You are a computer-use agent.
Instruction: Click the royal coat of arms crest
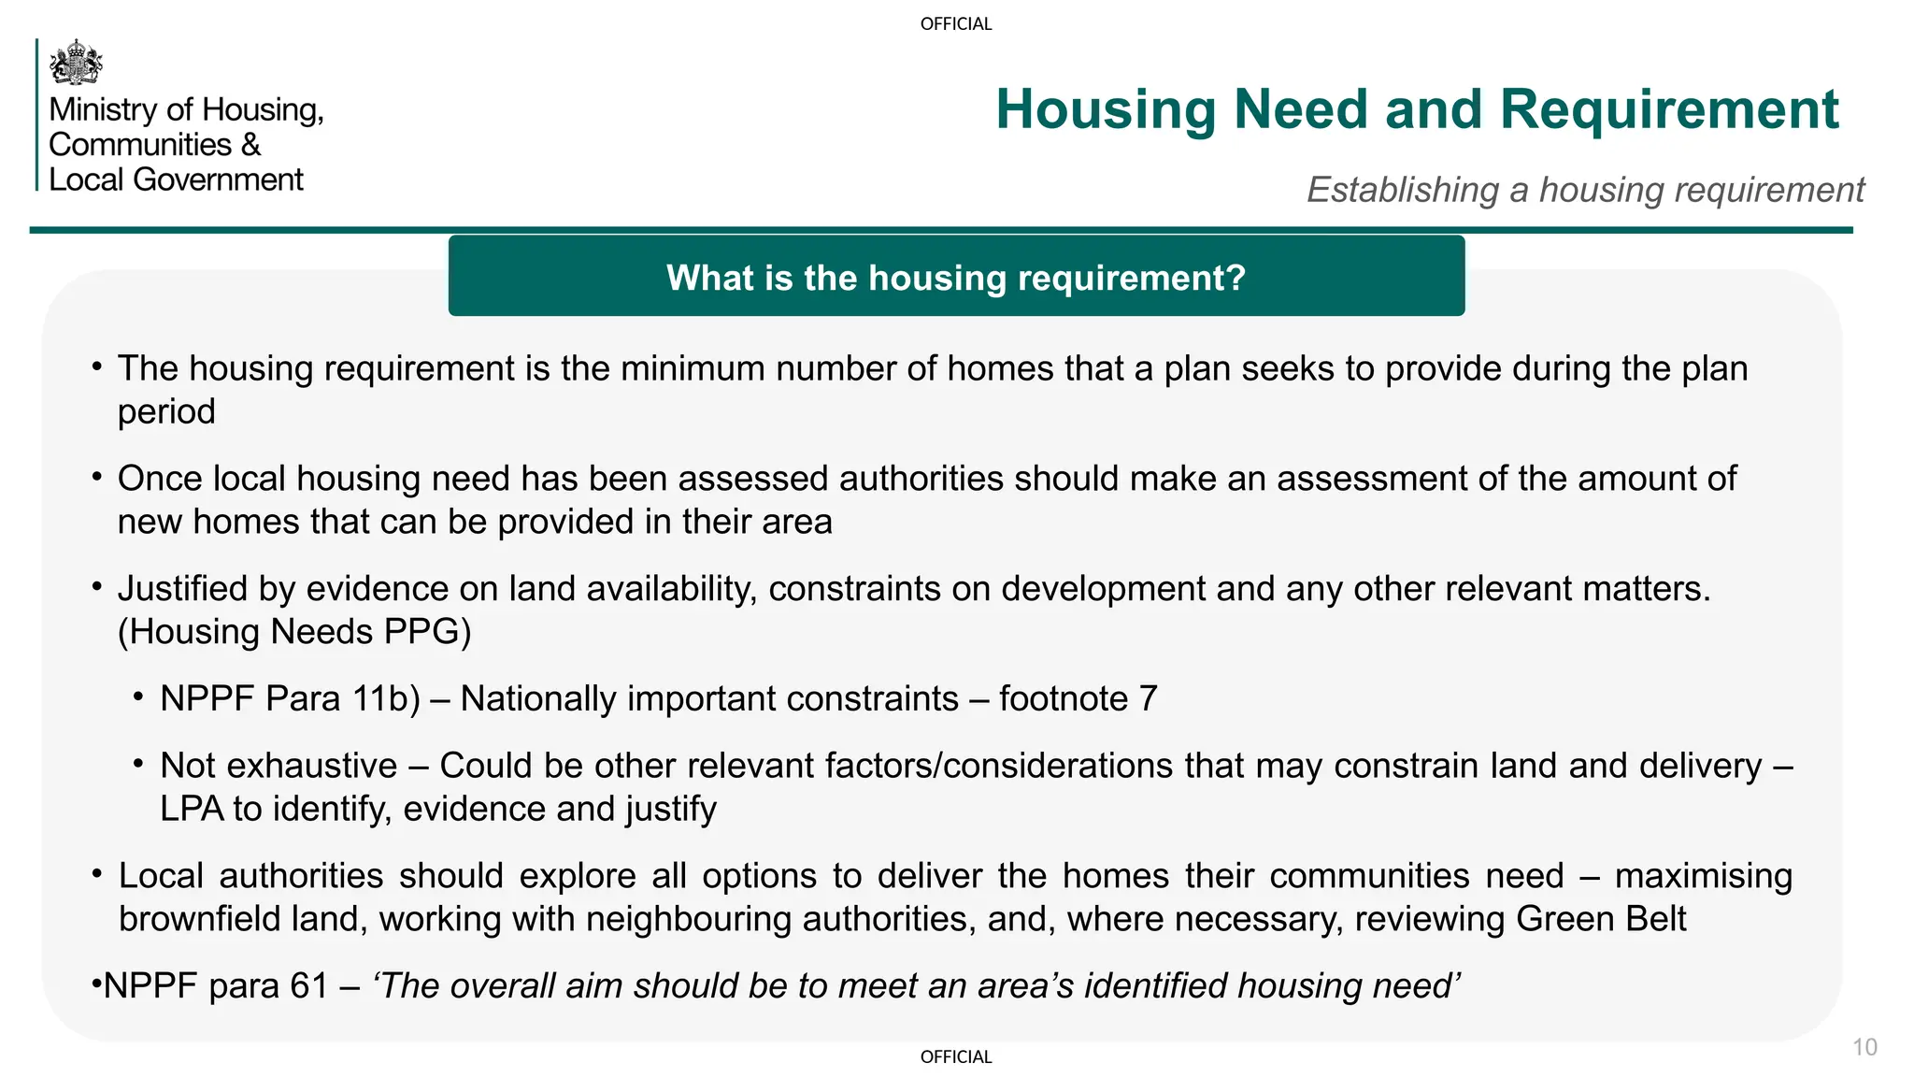76,63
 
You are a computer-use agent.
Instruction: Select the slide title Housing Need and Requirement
1417,109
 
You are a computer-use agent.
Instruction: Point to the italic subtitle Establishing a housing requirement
1585,190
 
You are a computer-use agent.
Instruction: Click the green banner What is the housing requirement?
956,278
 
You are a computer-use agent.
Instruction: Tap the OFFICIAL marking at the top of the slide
956,24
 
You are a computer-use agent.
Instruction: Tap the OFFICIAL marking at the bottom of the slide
956,1057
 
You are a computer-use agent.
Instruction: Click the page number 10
1864,1047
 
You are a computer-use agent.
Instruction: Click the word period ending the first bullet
166,412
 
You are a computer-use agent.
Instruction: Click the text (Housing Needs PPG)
294,632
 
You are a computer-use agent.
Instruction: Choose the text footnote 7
1078,699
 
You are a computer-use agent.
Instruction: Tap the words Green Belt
1600,919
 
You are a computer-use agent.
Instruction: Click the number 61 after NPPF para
309,986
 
